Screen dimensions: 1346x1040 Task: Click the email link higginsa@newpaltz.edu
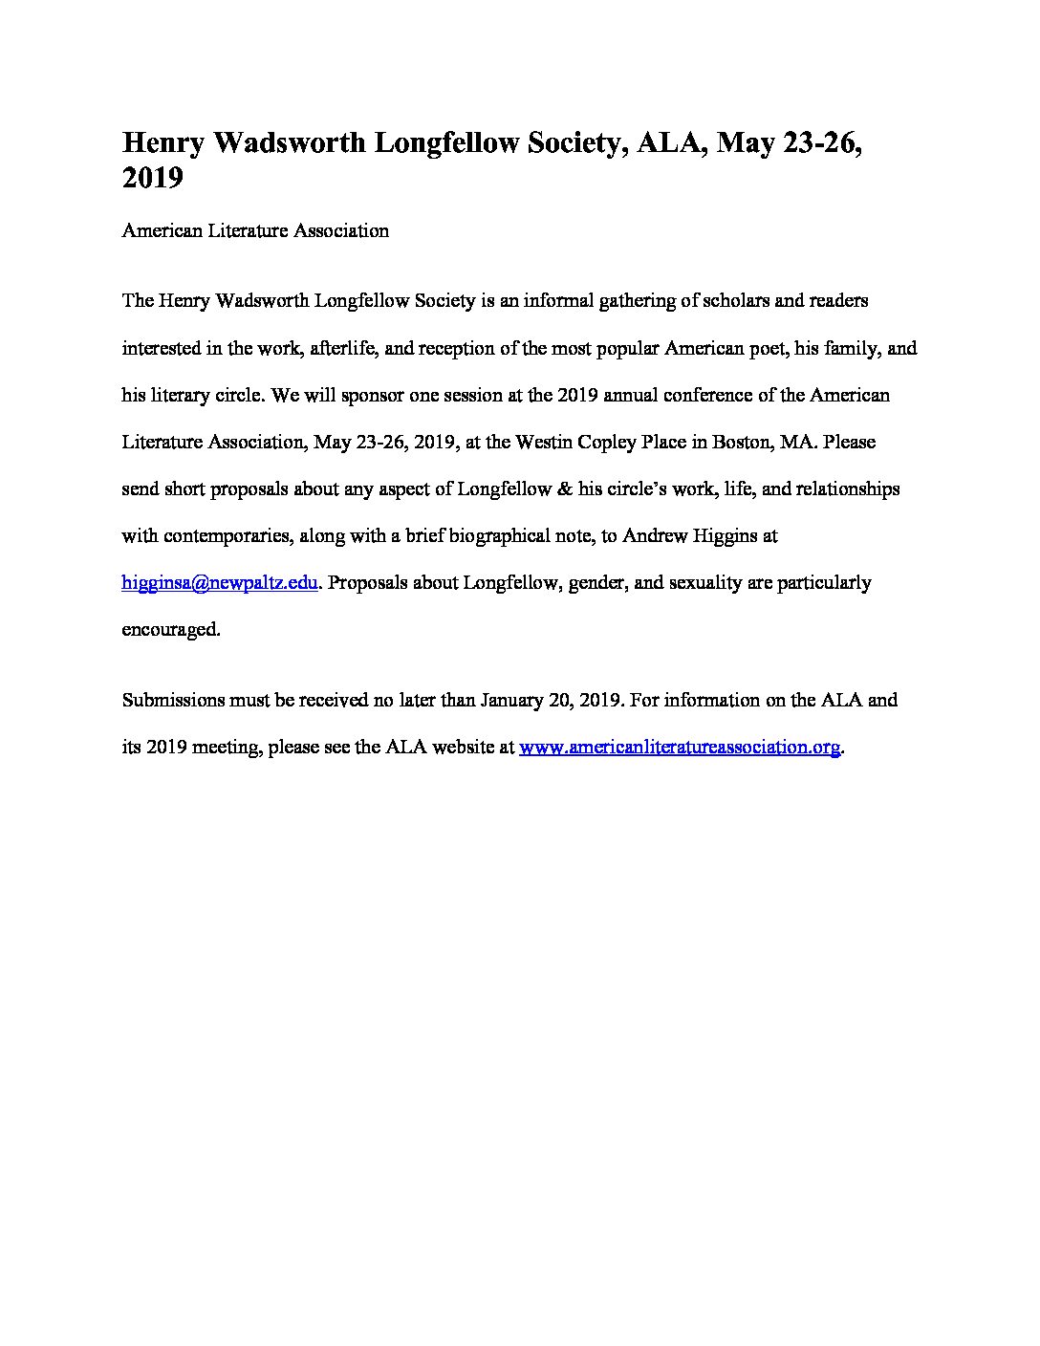220,582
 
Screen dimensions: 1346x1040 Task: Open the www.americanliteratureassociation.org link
680,747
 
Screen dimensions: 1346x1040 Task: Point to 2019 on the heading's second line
152,178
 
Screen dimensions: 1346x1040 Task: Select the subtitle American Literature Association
255,230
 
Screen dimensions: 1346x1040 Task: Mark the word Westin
543,442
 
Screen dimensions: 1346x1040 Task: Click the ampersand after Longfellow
564,488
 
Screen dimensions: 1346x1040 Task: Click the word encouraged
171,629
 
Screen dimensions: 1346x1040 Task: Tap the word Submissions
169,700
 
